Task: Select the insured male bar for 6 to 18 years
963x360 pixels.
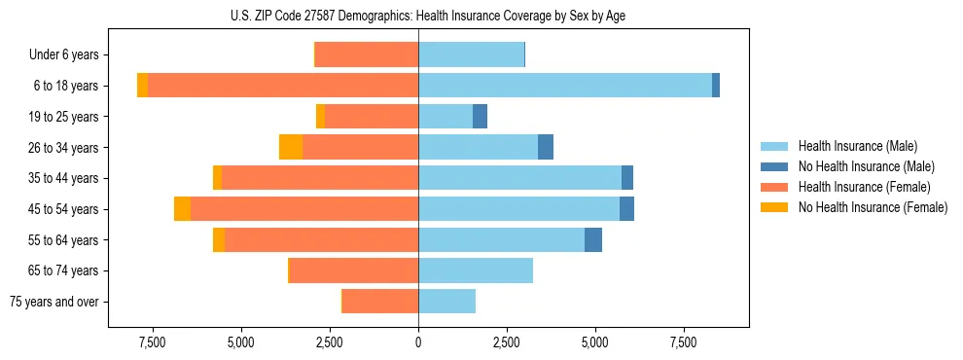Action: (564, 86)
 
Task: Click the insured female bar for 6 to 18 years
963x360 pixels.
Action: (282, 86)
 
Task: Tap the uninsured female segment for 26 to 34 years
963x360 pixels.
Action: (291, 147)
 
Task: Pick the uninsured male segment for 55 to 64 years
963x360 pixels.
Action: (593, 239)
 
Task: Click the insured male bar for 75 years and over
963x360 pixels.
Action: (446, 302)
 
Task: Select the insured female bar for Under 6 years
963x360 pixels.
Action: (367, 54)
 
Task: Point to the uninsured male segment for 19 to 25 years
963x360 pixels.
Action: (480, 117)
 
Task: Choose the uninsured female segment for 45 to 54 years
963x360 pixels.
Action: (182, 209)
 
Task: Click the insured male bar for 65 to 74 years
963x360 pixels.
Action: (476, 270)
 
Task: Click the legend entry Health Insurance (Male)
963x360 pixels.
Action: (857, 146)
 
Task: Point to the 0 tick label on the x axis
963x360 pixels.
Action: (418, 342)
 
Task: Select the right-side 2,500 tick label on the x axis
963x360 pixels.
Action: (507, 342)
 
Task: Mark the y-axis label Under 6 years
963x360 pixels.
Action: (63, 54)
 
